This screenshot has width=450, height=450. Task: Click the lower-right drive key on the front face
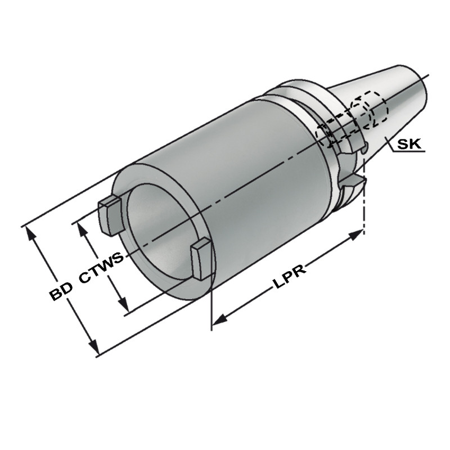click(x=201, y=256)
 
